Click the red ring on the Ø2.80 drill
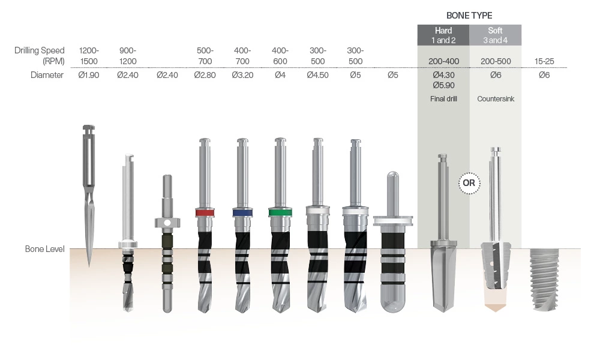[205, 212]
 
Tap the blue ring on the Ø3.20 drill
[242, 212]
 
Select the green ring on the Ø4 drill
[280, 212]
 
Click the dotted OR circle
[469, 183]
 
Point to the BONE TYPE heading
[469, 16]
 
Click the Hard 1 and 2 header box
[443, 35]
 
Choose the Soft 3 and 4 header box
[495, 35]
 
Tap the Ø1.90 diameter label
[89, 76]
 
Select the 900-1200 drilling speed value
[128, 56]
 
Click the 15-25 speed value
[544, 61]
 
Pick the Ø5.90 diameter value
[443, 86]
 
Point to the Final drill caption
[443, 98]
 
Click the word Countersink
[495, 98]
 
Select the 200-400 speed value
[443, 61]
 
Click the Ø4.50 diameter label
[317, 76]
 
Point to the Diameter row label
[47, 76]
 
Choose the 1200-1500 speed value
[89, 56]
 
